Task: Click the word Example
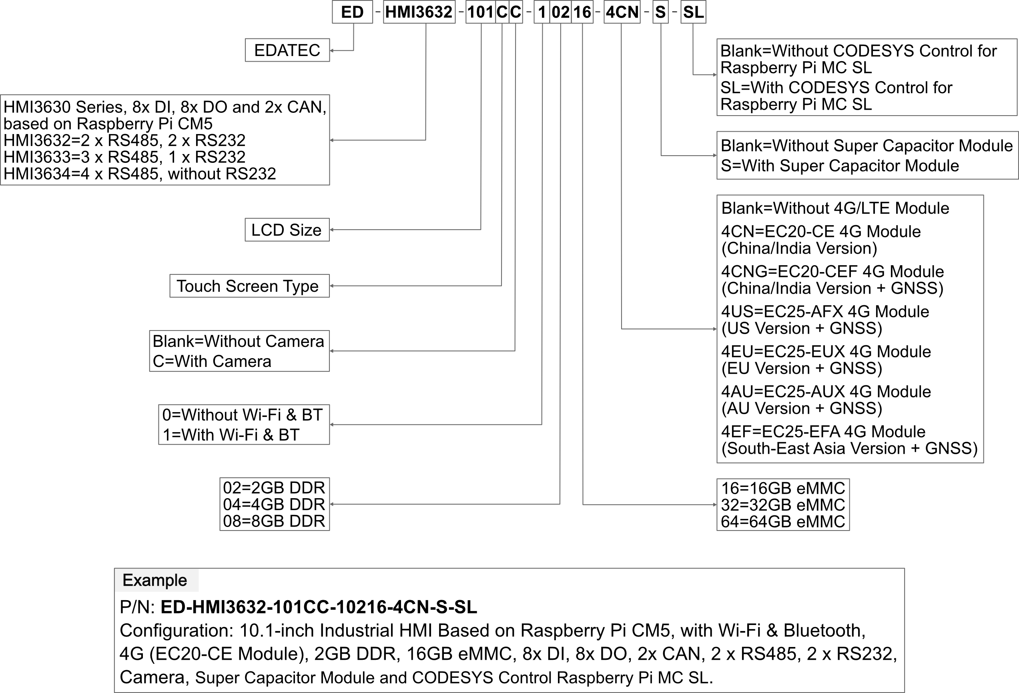point(155,580)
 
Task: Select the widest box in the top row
point(419,12)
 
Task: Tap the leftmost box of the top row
point(353,12)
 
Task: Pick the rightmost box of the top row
point(693,12)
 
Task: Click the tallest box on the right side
point(850,329)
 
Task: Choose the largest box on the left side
point(165,140)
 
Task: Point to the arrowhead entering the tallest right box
point(715,329)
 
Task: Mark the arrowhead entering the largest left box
point(332,140)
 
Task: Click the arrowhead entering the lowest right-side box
point(715,505)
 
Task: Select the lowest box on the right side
point(783,505)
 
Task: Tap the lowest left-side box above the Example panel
point(275,504)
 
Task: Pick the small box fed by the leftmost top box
point(287,50)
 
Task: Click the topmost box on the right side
point(867,77)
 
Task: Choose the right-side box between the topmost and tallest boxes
point(867,155)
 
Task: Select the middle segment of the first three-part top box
point(502,12)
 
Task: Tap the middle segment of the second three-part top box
point(560,12)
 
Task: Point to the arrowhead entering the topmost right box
point(715,75)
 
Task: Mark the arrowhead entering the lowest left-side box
point(332,505)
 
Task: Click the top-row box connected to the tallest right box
point(622,12)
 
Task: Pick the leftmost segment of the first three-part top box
point(481,12)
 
